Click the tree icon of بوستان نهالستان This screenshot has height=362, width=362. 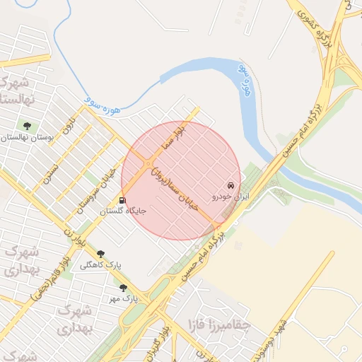[x=27, y=126]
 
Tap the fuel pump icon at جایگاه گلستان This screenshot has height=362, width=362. [x=123, y=200]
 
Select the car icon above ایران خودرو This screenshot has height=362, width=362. [x=231, y=183]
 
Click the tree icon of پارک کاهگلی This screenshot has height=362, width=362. [x=100, y=254]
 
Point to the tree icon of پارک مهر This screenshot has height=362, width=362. [x=123, y=288]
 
